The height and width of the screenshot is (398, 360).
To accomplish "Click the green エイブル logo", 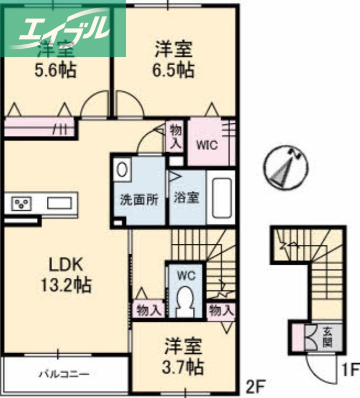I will click(x=64, y=29).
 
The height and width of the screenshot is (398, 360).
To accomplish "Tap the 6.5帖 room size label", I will click(x=173, y=70).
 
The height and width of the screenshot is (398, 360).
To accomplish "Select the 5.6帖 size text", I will click(x=55, y=71).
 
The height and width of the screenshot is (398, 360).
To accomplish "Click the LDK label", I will click(x=65, y=264).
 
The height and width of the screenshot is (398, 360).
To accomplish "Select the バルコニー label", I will click(x=65, y=373).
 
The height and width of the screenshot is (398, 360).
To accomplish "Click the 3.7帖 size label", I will click(x=183, y=368).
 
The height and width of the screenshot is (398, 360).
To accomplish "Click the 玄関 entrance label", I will click(x=327, y=337).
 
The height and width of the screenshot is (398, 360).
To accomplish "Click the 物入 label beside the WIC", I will click(x=176, y=136).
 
